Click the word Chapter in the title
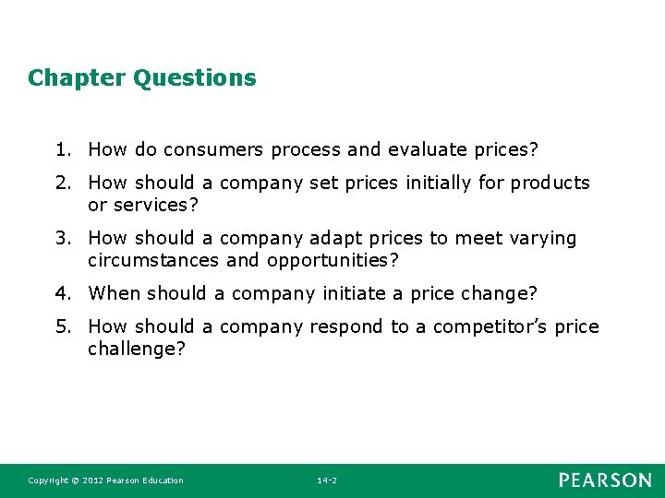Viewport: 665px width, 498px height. tap(77, 78)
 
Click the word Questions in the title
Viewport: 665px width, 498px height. tap(195, 78)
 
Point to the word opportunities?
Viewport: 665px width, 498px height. tap(332, 260)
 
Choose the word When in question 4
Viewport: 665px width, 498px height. tap(114, 293)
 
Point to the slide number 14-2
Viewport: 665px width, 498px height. tap(327, 480)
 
